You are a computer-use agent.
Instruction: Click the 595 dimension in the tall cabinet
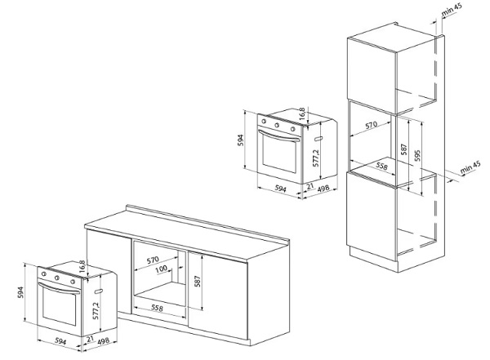coord(417,155)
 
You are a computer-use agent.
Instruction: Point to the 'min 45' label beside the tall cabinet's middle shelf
coord(468,168)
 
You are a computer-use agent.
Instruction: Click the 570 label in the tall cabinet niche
coord(371,127)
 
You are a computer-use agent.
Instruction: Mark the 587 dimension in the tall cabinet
coord(404,152)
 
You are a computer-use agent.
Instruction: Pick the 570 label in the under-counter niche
coord(153,260)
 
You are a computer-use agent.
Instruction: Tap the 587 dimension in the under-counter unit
coord(198,282)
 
